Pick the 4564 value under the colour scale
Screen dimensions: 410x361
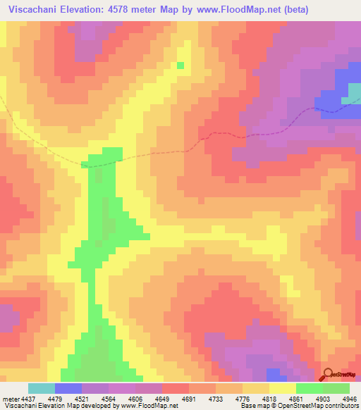(x=122, y=398)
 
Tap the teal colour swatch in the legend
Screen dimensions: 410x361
(x=42, y=388)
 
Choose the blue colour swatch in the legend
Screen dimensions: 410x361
(x=68, y=388)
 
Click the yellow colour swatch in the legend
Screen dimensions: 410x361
(x=283, y=388)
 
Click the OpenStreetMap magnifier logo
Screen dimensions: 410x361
(x=326, y=373)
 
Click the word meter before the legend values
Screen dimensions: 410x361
(x=11, y=398)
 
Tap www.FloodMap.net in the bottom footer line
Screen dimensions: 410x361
(x=148, y=406)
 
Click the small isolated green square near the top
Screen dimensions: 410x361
(x=180, y=66)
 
